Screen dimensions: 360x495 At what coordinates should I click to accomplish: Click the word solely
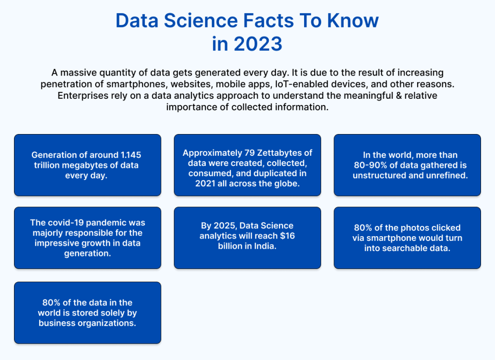click(x=104, y=313)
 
